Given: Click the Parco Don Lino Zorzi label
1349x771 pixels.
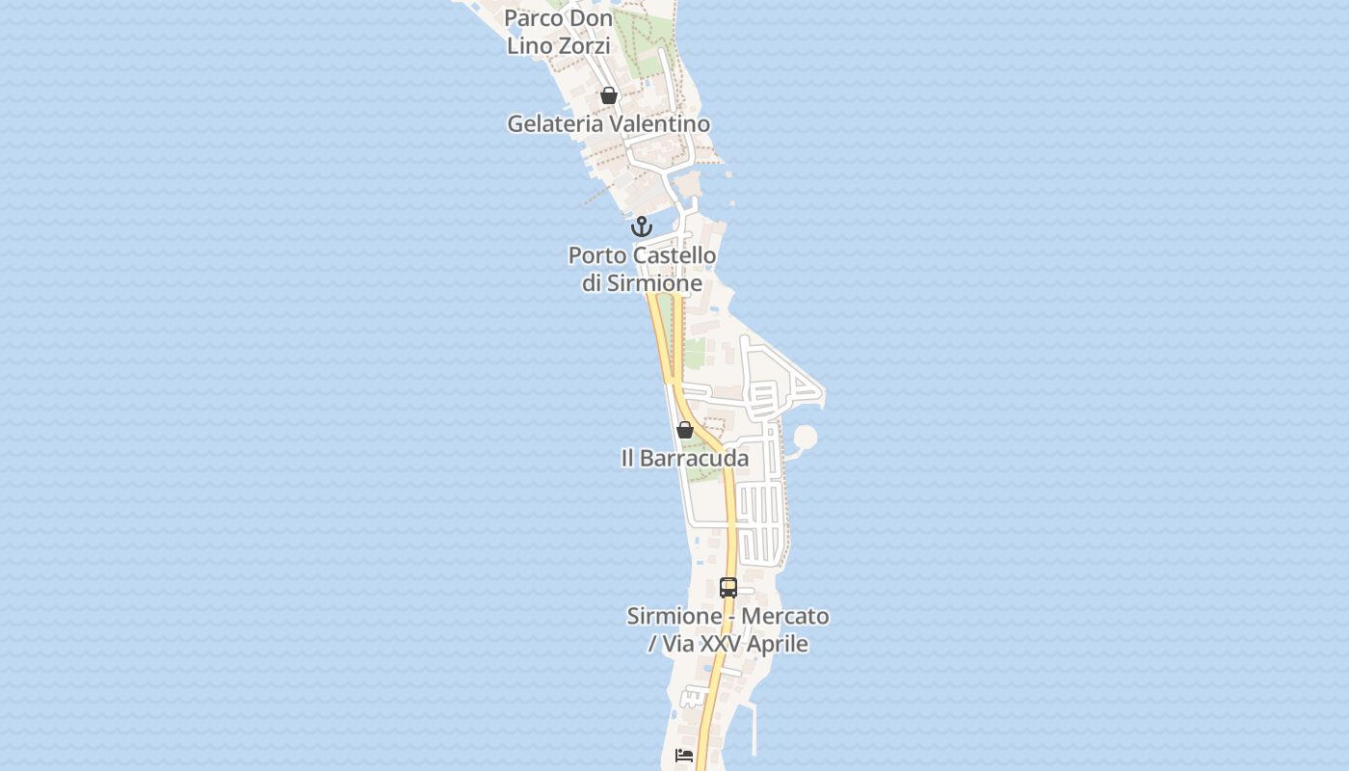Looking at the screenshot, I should (559, 31).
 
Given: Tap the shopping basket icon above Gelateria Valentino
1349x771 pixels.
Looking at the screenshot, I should (608, 95).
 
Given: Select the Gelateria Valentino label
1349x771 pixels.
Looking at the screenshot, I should (608, 123).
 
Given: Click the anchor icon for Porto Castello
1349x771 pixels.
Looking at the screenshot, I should (642, 227).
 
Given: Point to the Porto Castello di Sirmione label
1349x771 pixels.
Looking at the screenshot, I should (642, 269).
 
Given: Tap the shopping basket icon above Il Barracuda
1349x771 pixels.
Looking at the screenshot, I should (685, 430).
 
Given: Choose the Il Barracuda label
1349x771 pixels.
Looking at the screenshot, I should (685, 458).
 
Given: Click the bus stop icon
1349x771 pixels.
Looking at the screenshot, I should (728, 587).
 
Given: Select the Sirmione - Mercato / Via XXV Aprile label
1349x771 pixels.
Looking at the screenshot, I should (728, 629).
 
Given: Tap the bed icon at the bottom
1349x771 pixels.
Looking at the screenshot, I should (684, 756).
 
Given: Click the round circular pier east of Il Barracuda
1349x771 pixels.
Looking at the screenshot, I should (806, 439).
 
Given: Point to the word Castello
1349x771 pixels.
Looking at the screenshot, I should (674, 255).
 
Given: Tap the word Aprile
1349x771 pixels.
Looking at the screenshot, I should (774, 643).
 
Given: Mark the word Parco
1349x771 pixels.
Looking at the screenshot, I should (533, 17).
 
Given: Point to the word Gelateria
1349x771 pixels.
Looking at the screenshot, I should (555, 123).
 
